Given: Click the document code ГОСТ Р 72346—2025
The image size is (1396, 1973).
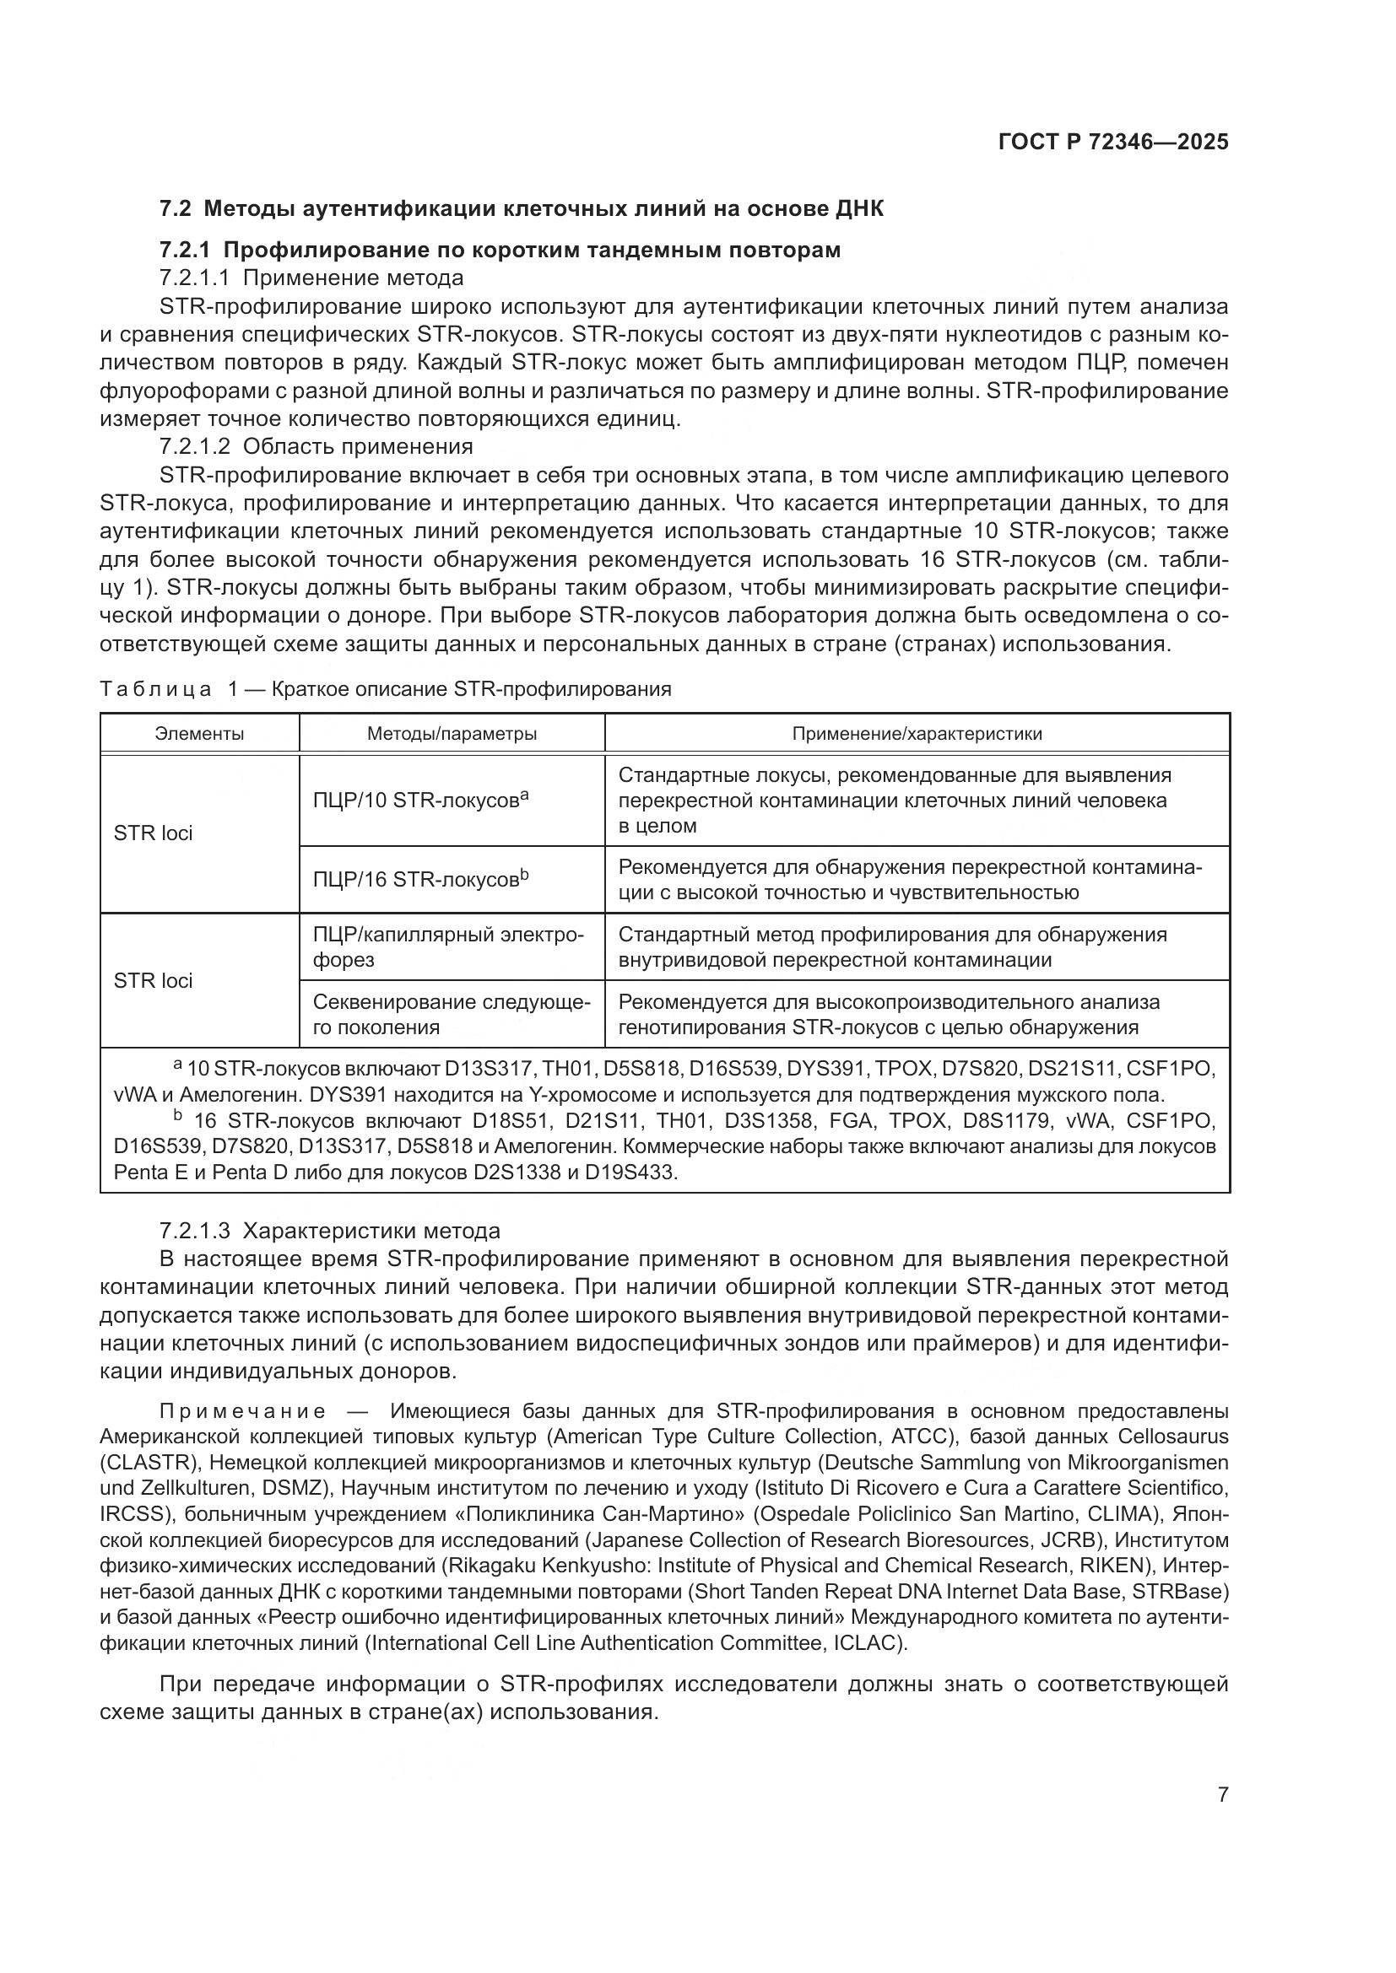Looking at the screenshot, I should tap(1113, 143).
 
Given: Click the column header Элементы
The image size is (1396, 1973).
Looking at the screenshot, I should tap(199, 734).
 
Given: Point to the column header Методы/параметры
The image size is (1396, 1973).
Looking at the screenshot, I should tap(452, 734).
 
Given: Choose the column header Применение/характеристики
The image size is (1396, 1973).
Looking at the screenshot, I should tap(917, 734).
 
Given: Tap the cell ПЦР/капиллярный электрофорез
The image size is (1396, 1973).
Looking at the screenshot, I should tap(448, 947).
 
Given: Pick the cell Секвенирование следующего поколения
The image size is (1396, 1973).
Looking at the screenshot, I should tap(452, 1015).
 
